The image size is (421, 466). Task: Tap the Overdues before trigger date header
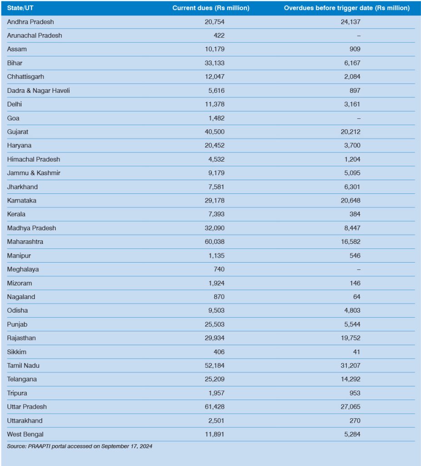tap(347, 8)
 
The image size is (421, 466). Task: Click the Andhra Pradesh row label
tap(31, 22)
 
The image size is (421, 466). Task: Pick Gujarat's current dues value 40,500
tap(215, 132)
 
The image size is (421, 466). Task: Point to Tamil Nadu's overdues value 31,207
tap(351, 365)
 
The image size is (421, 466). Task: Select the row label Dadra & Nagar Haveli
tap(39, 91)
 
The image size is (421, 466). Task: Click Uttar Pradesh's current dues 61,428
tap(215, 406)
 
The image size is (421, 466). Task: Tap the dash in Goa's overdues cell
tap(359, 118)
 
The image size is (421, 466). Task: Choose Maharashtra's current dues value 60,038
tap(215, 242)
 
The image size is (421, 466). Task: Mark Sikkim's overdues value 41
tap(356, 352)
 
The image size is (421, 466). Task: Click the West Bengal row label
tap(25, 434)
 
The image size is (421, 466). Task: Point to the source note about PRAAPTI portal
tap(80, 446)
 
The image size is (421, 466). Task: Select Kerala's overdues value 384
tap(355, 214)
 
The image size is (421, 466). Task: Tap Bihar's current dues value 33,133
tap(215, 63)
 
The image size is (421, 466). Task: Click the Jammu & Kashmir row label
tap(34, 173)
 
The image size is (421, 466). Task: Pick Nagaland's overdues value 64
tap(356, 297)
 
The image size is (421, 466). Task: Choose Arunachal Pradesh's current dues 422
tap(218, 35)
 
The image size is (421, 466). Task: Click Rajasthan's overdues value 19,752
tap(351, 338)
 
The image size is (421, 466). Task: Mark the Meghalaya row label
tap(23, 269)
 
